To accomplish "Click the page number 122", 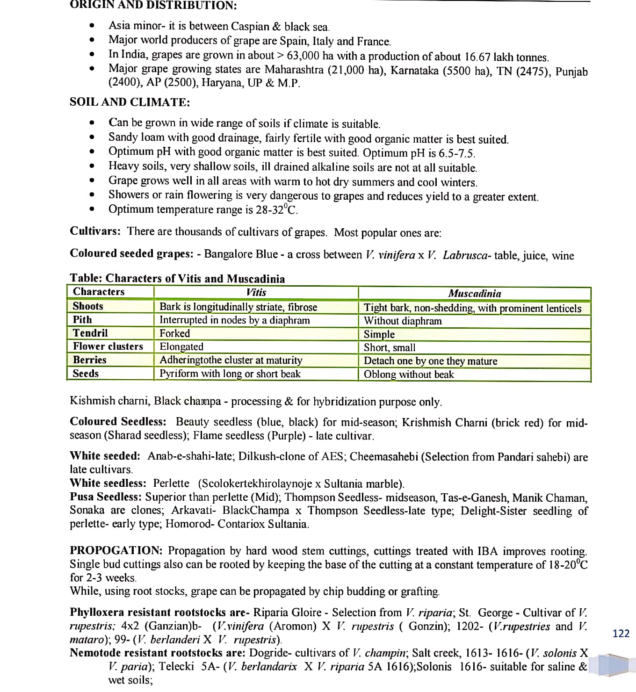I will click(x=621, y=634).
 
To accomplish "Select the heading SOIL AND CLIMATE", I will click(x=130, y=102).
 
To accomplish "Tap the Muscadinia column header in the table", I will click(x=474, y=294).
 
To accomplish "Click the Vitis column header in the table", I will click(x=256, y=293).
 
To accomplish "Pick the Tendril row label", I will click(x=90, y=333).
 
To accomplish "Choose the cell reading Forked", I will click(x=175, y=333).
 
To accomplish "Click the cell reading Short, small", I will click(x=390, y=347).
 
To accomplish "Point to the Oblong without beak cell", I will click(x=409, y=375).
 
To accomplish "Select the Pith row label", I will click(x=82, y=320).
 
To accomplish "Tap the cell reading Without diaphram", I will click(x=403, y=321).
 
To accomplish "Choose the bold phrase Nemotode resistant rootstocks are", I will click(x=157, y=653).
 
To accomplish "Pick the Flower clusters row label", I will click(x=108, y=346).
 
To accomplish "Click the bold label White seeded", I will click(x=105, y=456).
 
